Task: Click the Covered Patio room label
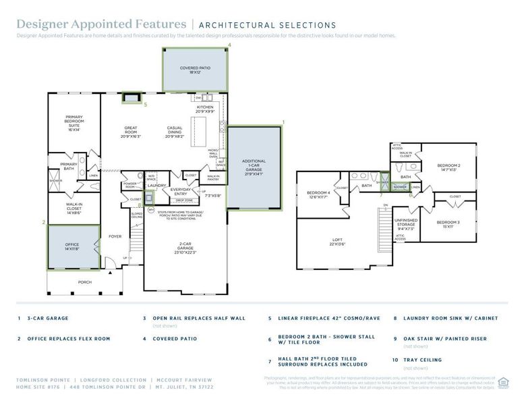(196, 70)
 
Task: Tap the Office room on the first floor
(73, 248)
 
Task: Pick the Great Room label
(131, 130)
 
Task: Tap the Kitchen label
(204, 109)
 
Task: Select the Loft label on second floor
(337, 242)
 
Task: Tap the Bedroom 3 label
(448, 224)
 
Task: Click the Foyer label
(115, 236)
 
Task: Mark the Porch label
(84, 282)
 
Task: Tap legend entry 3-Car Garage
(46, 318)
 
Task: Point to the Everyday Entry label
(180, 191)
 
